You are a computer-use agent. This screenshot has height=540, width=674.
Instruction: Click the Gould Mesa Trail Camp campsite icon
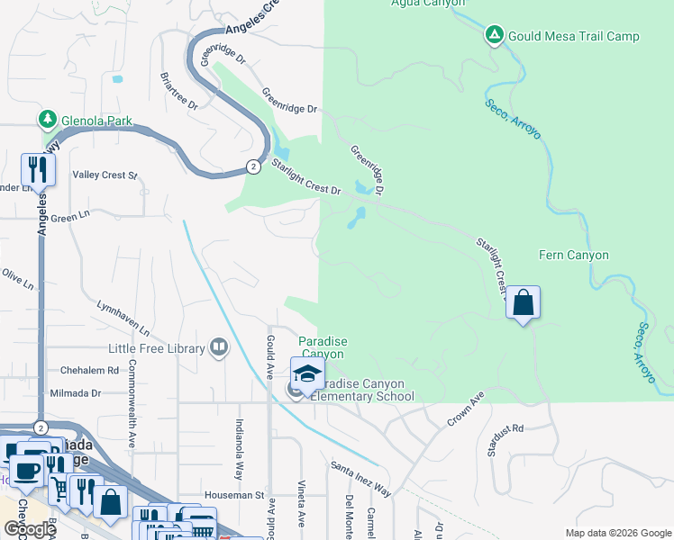click(494, 36)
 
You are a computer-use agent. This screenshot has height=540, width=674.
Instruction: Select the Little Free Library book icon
click(218, 347)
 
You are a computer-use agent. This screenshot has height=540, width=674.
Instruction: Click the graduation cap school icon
click(306, 373)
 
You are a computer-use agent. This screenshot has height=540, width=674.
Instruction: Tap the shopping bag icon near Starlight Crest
click(523, 303)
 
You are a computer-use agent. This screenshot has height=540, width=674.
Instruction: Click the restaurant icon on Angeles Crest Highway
click(38, 169)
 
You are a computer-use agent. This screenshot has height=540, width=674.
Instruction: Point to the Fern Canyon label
click(573, 256)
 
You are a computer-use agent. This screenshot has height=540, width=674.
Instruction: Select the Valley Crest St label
click(105, 175)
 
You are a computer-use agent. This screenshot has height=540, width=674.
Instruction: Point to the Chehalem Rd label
click(89, 370)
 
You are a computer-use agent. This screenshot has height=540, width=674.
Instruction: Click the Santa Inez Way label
click(360, 479)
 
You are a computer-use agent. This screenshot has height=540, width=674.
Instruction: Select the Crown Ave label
click(465, 408)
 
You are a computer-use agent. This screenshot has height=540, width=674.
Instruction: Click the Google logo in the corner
click(29, 529)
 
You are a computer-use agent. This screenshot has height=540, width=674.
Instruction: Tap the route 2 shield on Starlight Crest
click(254, 166)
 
